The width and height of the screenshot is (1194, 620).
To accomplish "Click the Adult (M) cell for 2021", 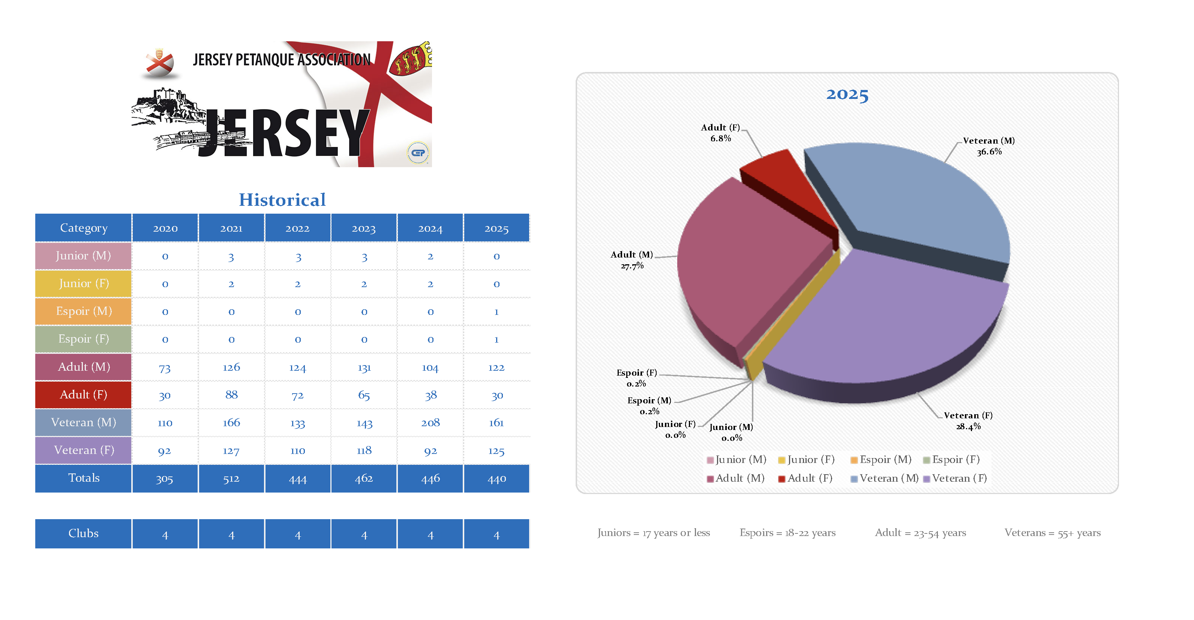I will [231, 367].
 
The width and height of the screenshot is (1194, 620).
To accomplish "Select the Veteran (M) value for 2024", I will [430, 422].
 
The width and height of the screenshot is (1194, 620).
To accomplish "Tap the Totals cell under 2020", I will [165, 479].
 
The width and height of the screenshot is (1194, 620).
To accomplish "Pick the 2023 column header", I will [364, 228].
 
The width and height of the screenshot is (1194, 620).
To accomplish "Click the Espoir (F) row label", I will [83, 339].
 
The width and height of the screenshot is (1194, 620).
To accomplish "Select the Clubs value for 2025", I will [496, 534].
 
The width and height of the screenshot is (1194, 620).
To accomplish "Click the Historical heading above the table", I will [282, 200].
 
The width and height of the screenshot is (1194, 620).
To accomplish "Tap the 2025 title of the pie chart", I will [847, 94].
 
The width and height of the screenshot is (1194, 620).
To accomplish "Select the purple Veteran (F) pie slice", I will [880, 324].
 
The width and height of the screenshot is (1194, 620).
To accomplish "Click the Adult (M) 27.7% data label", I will [632, 260].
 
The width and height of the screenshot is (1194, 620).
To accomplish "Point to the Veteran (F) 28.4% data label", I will [968, 421].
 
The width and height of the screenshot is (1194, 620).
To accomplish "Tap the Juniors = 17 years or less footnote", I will [654, 533].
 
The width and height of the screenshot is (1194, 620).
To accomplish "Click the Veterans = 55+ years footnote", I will [1052, 533].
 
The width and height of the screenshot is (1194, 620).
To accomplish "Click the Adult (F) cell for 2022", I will [298, 395].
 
